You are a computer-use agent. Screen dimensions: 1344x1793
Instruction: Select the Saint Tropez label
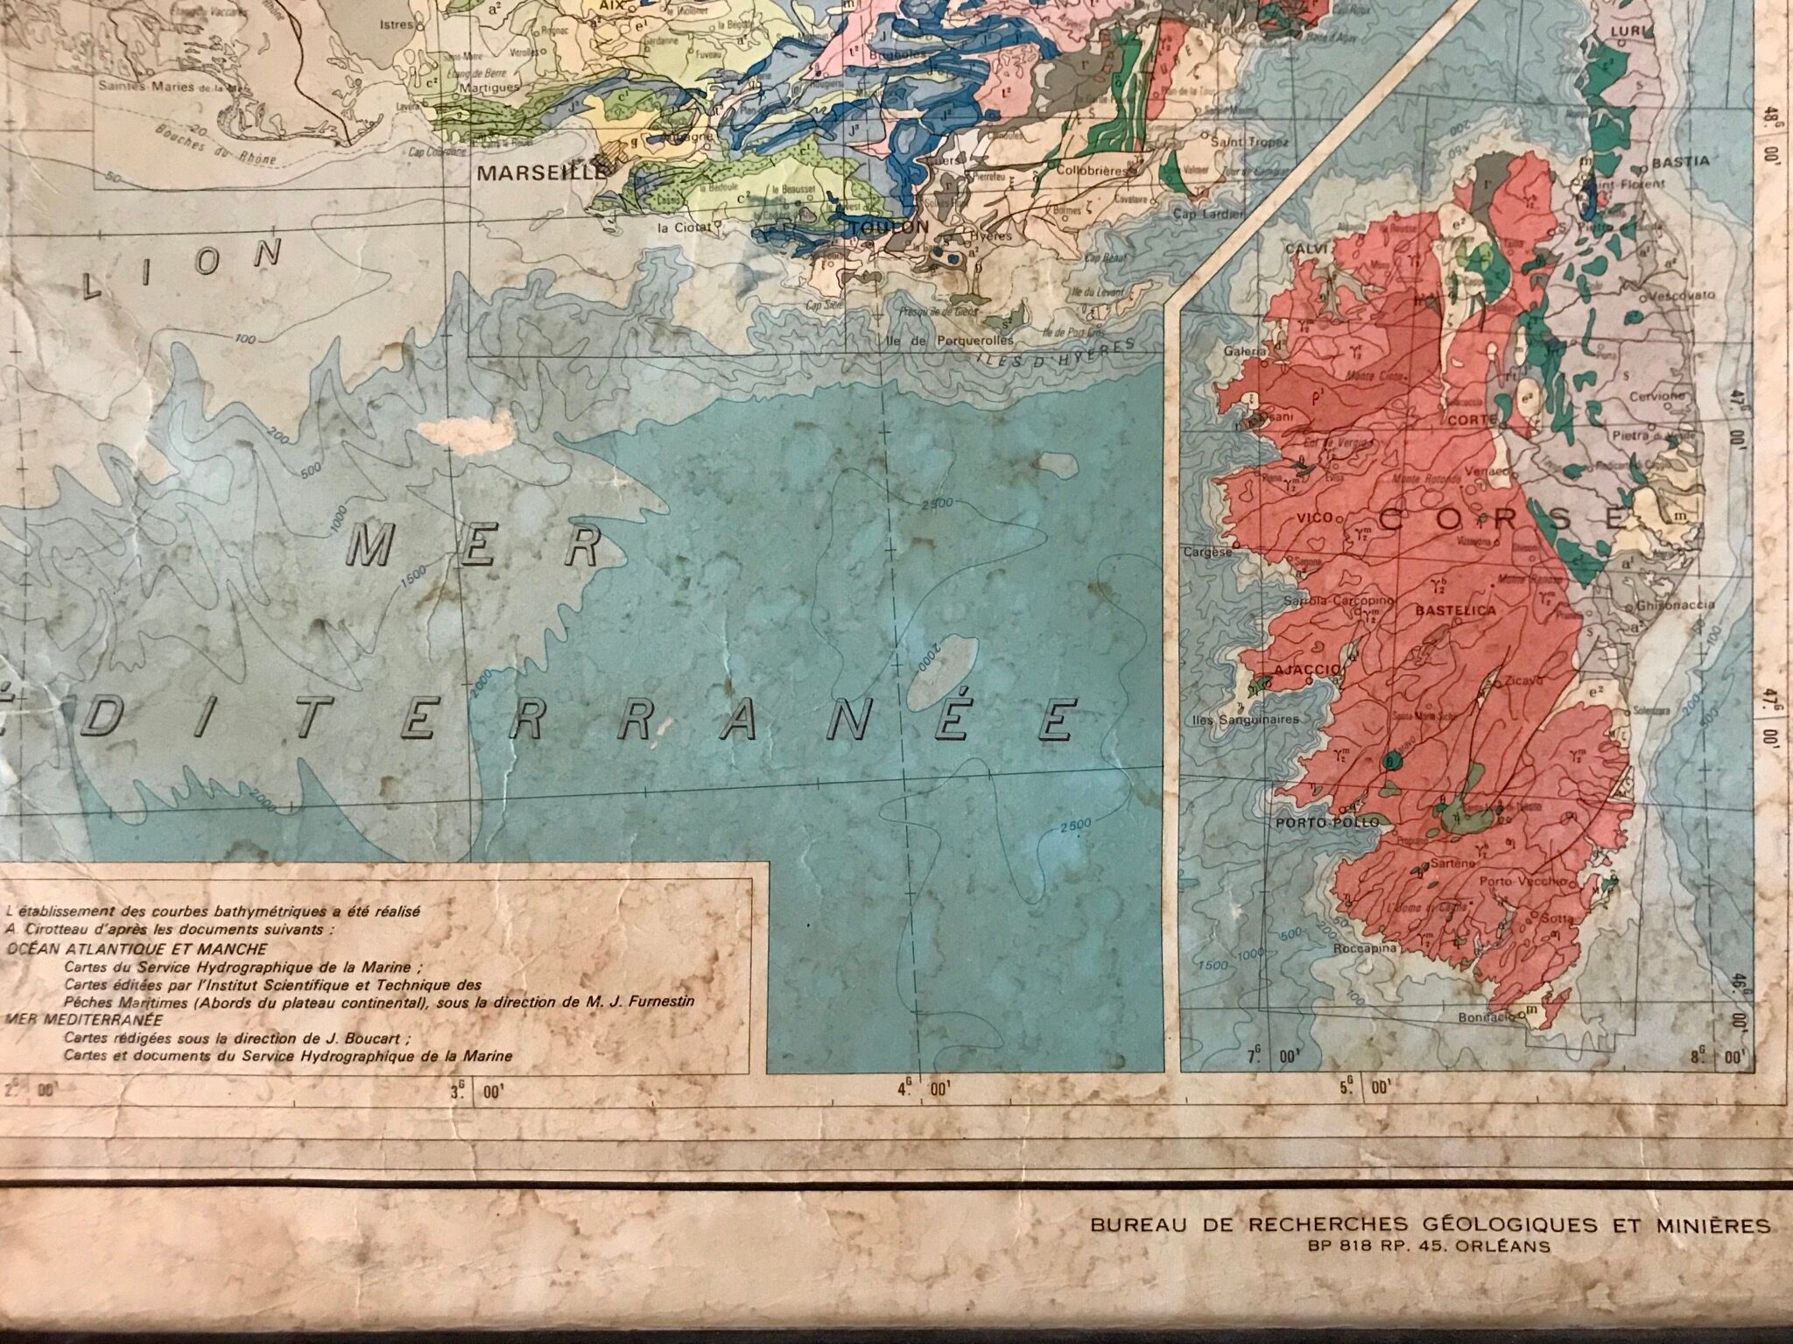(1248, 142)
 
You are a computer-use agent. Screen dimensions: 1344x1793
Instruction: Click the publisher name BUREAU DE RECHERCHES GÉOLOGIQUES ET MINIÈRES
(1431, 1227)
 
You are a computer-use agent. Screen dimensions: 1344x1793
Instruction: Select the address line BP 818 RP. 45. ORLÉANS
(1431, 1246)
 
